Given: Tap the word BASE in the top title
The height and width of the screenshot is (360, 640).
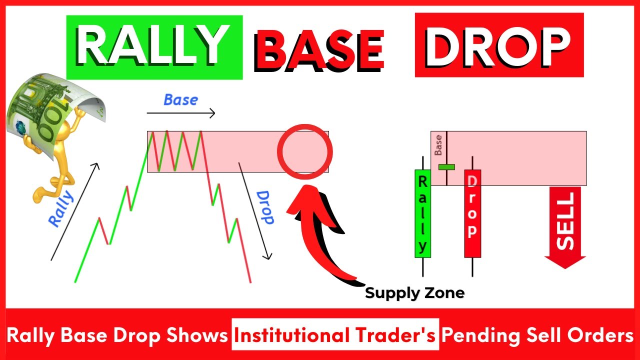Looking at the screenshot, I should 320,50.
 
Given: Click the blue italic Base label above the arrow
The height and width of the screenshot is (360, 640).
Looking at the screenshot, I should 180,99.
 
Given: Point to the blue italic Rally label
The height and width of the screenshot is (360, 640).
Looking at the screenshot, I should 61,209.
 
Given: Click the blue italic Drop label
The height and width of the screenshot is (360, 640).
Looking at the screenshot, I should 264,207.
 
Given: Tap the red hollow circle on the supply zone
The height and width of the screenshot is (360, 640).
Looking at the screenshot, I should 304,150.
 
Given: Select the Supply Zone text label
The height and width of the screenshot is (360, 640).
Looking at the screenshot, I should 414,292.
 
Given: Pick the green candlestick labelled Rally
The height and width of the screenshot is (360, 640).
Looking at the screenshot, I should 422,214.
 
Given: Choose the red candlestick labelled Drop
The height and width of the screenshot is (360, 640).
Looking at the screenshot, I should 472,214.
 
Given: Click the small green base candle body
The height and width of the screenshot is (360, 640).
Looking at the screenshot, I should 446,166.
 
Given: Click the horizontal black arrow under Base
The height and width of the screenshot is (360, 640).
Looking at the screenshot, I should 180,113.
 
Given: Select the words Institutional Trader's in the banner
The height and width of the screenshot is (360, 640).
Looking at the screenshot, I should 335,335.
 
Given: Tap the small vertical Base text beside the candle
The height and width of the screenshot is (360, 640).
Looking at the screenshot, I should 438,145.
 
